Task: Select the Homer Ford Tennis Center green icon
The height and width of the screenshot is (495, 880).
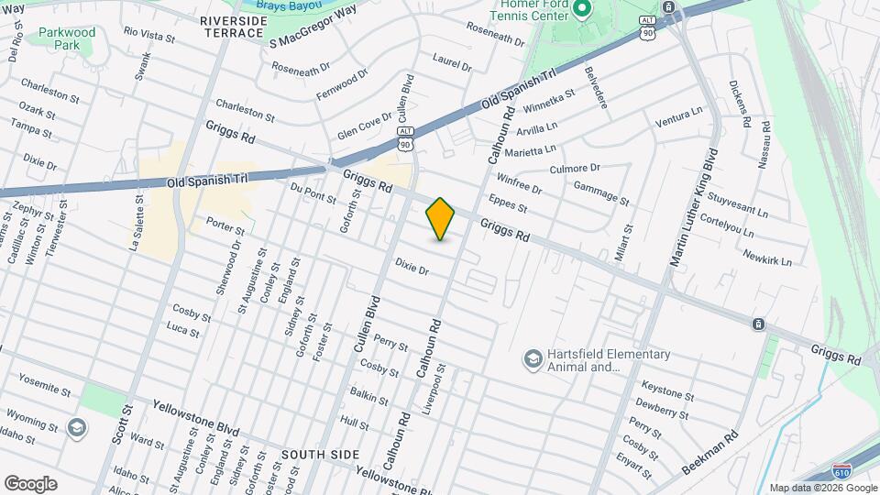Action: point(581,11)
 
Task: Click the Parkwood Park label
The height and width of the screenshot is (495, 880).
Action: point(67,38)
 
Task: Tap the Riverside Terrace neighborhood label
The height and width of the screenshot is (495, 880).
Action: point(232,26)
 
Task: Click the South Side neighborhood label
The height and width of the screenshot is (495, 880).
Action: point(317,455)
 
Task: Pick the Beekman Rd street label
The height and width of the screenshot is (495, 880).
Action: point(710,456)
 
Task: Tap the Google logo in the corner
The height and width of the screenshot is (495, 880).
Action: point(30,483)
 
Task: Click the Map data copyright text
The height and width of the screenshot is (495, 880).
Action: point(823,488)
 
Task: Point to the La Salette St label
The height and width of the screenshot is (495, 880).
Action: point(137,222)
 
